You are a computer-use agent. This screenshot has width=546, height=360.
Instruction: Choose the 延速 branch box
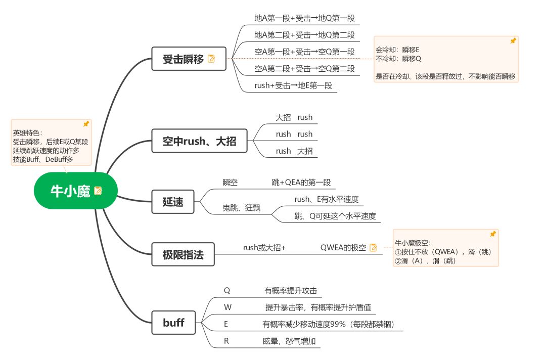pyautogui.click(x=173, y=202)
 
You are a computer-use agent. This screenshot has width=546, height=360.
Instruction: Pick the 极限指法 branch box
pyautogui.click(x=183, y=254)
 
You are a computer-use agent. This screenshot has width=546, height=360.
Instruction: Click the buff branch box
pyautogui.click(x=173, y=322)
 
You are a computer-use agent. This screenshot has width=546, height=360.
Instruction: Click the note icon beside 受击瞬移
pyautogui.click(x=211, y=59)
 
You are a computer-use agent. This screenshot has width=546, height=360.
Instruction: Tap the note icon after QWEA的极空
pyautogui.click(x=373, y=247)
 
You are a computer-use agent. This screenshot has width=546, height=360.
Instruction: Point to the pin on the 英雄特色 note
pyautogui.click(x=86, y=124)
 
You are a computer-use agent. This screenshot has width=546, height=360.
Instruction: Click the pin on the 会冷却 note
pyautogui.click(x=513, y=41)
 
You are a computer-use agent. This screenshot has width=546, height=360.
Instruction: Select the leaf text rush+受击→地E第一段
pyautogui.click(x=293, y=85)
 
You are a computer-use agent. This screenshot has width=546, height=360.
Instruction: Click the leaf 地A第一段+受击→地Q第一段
pyautogui.click(x=304, y=18)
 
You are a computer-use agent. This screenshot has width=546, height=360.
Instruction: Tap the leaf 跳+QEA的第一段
pyautogui.click(x=301, y=183)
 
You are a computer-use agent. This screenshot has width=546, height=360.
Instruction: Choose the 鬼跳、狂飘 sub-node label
pyautogui.click(x=242, y=208)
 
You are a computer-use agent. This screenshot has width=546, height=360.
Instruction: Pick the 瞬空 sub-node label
pyautogui.click(x=230, y=183)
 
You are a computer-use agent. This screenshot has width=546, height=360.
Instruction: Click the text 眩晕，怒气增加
pyautogui.click(x=289, y=341)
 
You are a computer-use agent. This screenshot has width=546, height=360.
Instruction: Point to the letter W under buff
pyautogui.click(x=227, y=307)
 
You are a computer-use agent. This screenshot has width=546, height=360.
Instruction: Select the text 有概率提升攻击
pyautogui.click(x=291, y=291)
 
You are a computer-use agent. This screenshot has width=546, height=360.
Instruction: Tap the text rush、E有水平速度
pyautogui.click(x=327, y=199)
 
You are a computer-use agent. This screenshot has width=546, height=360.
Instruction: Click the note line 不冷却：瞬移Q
pyautogui.click(x=398, y=59)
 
